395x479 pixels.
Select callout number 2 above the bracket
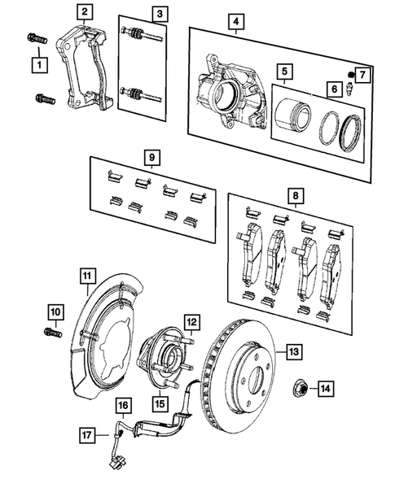(84, 12)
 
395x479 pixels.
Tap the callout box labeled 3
(159, 13)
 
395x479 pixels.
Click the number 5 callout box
(283, 71)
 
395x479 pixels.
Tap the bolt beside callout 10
(49, 331)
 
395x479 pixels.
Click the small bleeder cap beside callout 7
(351, 75)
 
